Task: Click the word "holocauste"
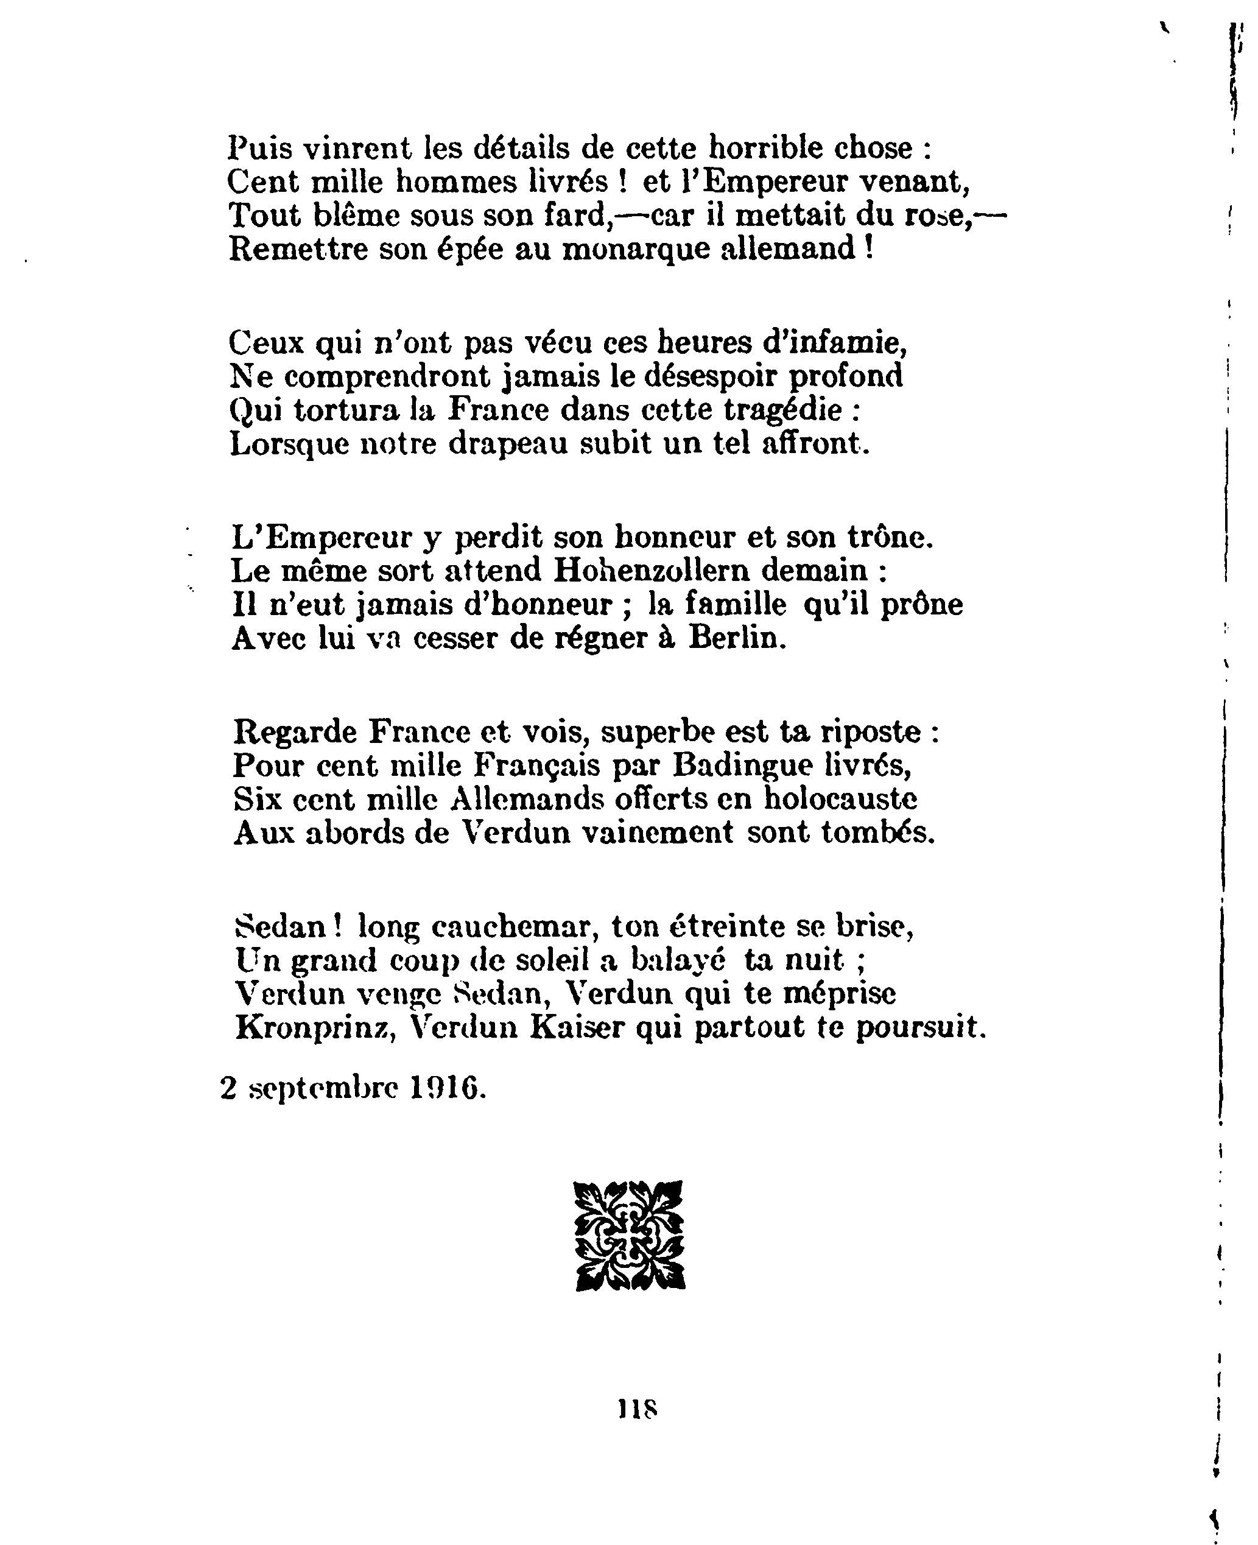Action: (x=841, y=800)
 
